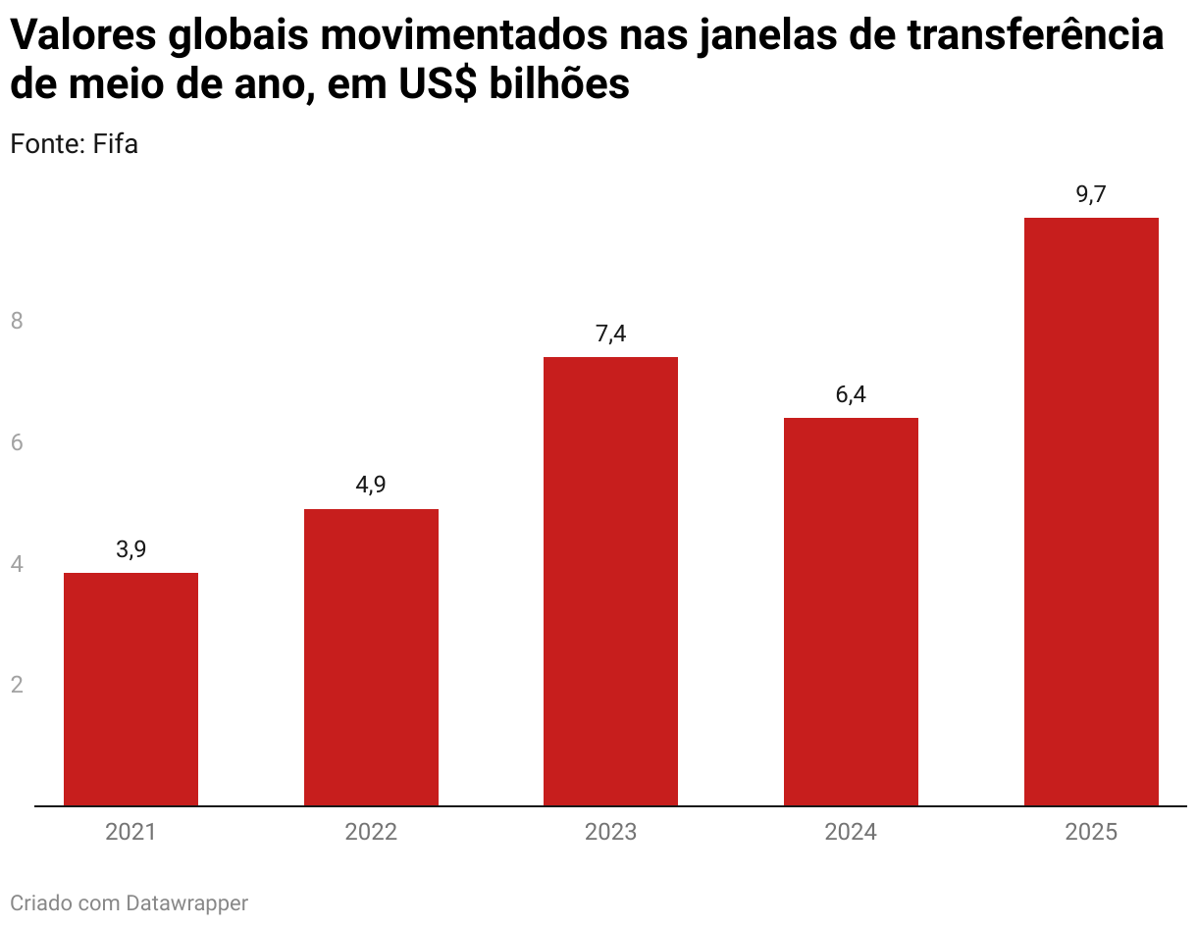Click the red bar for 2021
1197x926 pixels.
point(130,689)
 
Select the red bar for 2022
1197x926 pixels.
point(371,657)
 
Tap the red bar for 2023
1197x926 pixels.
point(610,581)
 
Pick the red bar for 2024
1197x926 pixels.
point(851,611)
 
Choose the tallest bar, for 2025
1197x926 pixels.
point(1091,511)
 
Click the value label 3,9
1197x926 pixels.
point(130,549)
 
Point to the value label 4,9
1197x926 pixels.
point(371,486)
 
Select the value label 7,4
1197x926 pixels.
point(610,334)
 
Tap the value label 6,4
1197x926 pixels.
point(851,394)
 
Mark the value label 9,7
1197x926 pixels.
point(1091,194)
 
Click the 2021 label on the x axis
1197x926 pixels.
point(130,833)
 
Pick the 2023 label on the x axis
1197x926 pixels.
point(610,833)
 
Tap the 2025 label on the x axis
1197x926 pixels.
point(1091,833)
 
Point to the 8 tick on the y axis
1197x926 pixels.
point(17,321)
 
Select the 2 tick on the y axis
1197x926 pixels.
point(17,685)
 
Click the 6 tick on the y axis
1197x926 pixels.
point(17,442)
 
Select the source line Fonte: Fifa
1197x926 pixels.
point(74,144)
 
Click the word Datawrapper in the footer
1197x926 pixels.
point(186,903)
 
